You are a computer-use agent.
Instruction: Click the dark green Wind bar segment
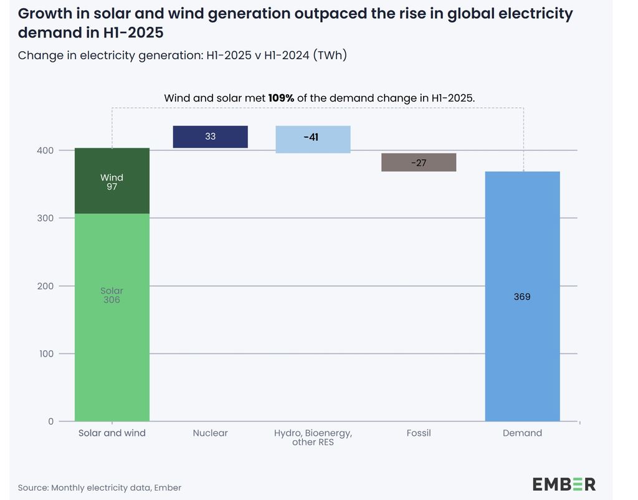pos(112,181)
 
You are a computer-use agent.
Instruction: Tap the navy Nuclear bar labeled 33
pos(210,137)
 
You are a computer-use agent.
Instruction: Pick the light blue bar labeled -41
pos(313,139)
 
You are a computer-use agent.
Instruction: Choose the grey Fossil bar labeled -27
pos(419,162)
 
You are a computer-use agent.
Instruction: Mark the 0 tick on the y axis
pos(50,421)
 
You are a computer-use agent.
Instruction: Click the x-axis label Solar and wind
pos(112,433)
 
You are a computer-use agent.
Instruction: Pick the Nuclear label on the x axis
pos(210,433)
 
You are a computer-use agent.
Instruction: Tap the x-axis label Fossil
pos(419,433)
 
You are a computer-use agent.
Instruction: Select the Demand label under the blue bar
pos(522,433)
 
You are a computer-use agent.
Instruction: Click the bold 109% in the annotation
pos(281,98)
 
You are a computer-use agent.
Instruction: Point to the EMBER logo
pos(564,484)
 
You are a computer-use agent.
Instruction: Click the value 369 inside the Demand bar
pos(522,297)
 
